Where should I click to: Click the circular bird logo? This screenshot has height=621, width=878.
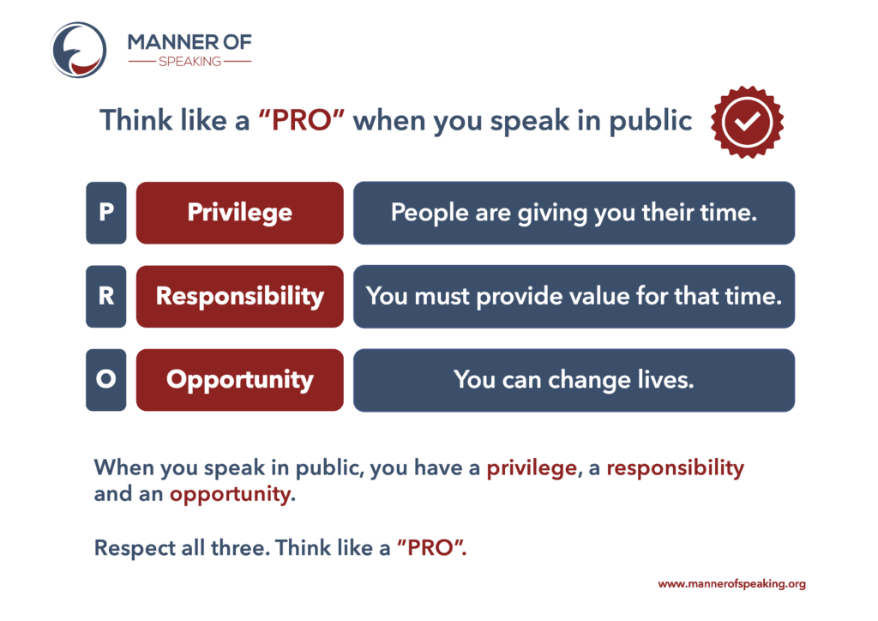coord(78,50)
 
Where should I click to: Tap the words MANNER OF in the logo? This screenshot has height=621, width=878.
coord(189,42)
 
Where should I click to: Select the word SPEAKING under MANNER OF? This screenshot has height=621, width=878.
coord(189,62)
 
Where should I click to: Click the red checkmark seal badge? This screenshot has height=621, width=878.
coord(747,122)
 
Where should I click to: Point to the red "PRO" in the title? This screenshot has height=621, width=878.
coord(301,120)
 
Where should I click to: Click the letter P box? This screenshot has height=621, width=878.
coord(105,213)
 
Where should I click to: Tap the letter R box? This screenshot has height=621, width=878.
coord(105,296)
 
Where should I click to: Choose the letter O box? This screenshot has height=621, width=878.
coord(105,380)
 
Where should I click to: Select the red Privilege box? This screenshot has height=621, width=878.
coord(240,213)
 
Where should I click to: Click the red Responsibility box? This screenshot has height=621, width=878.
coord(240,296)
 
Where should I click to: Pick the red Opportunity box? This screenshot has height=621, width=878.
coord(240,380)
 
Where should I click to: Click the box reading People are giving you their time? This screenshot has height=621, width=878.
coord(574,213)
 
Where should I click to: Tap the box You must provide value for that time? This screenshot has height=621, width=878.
coord(574,296)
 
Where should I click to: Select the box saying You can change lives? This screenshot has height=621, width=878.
coord(574,380)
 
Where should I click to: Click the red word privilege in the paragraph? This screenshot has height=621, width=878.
coord(532,468)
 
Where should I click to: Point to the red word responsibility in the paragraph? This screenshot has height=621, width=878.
coord(676,468)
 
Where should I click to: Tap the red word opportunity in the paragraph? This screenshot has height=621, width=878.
coord(231,494)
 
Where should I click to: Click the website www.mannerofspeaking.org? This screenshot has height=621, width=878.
coord(732,584)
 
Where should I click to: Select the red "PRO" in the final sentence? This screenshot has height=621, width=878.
coord(430,547)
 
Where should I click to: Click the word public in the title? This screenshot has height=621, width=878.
coord(650,122)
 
